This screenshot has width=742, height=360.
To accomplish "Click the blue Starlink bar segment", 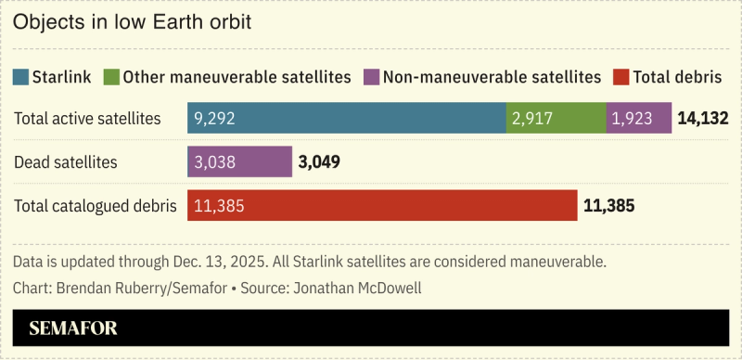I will click(x=347, y=119).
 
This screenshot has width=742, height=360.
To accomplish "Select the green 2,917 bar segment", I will click(x=556, y=119).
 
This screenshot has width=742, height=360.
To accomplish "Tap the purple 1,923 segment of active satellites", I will click(x=638, y=119).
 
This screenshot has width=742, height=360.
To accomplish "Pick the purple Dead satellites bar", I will click(x=239, y=162).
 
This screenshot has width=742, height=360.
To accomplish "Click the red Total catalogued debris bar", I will click(x=382, y=206).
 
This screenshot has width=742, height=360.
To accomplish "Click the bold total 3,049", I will click(x=319, y=162).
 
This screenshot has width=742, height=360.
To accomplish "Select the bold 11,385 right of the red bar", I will click(x=608, y=206).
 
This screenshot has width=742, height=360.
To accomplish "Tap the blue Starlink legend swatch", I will click(x=20, y=77).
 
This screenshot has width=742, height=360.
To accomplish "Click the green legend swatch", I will click(x=111, y=77).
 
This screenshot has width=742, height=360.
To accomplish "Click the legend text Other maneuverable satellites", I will click(x=237, y=77).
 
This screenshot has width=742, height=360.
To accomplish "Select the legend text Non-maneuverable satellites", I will click(x=491, y=77).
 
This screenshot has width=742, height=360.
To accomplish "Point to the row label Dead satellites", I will click(x=66, y=162).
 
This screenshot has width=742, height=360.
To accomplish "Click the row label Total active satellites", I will click(x=88, y=119).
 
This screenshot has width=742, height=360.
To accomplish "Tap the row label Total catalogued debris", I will click(x=96, y=206).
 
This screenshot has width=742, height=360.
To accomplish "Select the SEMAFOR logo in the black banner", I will click(x=73, y=328).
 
